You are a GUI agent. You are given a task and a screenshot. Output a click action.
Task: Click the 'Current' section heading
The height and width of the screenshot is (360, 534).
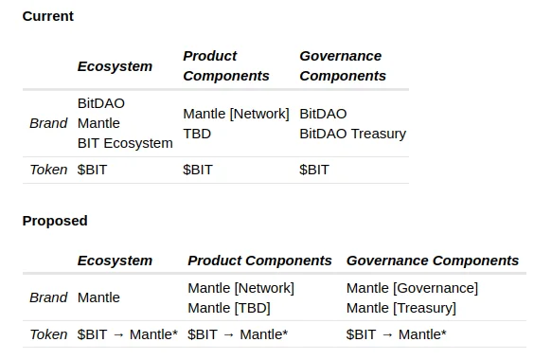pos(48,16)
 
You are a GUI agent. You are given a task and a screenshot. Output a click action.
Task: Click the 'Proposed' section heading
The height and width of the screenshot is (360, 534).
pos(55,221)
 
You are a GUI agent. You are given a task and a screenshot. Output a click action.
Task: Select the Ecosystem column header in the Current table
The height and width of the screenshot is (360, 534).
pos(115,66)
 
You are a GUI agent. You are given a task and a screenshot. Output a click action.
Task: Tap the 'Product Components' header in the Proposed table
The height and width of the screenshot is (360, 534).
pos(259,261)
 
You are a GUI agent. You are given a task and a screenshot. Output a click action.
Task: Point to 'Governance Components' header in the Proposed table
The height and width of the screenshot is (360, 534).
pos(433,261)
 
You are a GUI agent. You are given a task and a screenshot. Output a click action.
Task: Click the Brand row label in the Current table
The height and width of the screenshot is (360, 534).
pos(48,123)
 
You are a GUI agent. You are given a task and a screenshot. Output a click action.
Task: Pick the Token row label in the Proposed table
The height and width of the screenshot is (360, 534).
pos(48,334)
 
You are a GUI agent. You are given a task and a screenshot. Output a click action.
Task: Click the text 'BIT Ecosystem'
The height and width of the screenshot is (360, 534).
pos(125,143)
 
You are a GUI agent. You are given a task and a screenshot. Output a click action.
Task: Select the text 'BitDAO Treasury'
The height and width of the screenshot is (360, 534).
pos(353,134)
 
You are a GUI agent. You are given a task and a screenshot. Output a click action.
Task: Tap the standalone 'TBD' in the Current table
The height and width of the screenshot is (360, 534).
pos(197,134)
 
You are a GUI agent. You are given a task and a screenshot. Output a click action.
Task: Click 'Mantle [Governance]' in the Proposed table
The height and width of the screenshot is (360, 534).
pos(413,288)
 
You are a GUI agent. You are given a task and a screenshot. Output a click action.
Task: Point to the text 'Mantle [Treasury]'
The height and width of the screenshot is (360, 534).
pos(401,308)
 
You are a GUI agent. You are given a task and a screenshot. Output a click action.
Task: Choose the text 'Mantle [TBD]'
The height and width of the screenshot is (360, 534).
pos(229,308)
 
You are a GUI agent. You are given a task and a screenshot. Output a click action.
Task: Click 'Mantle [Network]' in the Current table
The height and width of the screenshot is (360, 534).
pos(236,114)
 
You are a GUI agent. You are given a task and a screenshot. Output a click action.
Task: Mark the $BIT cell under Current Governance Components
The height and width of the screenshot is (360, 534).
pos(314,170)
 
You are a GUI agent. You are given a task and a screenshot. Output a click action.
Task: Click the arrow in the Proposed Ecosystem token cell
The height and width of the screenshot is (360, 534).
pos(118,335)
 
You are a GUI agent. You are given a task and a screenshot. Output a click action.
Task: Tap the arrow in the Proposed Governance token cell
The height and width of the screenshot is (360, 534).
pos(387,335)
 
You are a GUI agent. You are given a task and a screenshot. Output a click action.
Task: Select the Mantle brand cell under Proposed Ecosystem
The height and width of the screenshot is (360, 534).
pos(98,298)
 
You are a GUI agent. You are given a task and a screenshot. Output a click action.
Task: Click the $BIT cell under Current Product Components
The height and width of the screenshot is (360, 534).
pos(198,170)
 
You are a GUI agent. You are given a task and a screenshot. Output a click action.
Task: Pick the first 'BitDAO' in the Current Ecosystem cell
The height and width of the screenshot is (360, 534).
pos(101,103)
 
